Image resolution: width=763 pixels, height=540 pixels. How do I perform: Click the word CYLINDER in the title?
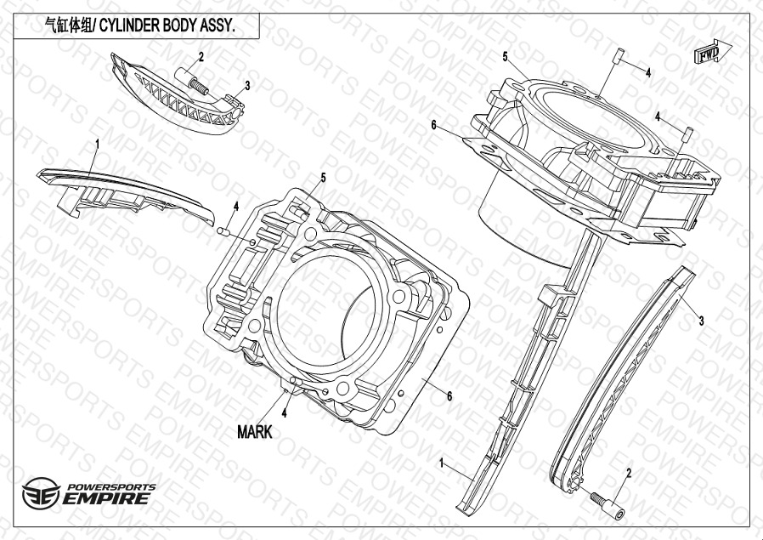pos(129,26)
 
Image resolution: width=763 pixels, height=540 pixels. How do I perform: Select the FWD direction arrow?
pos(713,51)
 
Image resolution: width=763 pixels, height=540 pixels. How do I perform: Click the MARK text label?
pos(255,431)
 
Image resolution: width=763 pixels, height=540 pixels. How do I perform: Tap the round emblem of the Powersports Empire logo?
pos(42,493)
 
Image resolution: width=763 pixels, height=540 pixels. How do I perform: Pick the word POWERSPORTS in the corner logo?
pos(111,486)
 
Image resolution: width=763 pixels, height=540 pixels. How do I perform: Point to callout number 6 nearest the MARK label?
pos(449,396)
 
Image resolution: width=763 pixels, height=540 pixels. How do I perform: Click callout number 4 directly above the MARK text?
pos(284,413)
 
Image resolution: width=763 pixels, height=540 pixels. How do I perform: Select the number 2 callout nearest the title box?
pos(201,57)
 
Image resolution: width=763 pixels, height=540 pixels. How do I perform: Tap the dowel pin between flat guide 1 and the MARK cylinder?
pos(223,230)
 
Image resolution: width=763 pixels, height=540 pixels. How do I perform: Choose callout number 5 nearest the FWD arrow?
pos(505,57)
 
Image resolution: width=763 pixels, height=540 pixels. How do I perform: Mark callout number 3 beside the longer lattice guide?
pos(701,321)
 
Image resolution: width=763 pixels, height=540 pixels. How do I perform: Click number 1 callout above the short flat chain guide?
pos(98,144)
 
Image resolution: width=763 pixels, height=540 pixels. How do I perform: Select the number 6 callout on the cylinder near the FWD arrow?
pos(434,125)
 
